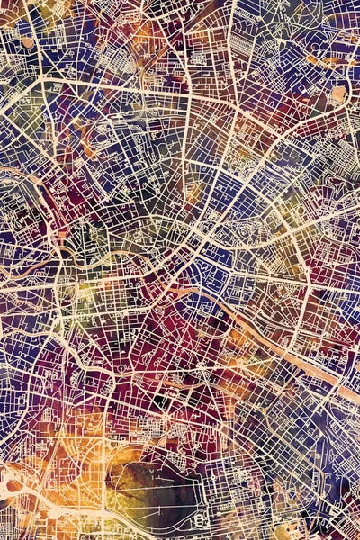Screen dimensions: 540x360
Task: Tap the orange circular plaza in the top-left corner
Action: pyautogui.click(x=27, y=41)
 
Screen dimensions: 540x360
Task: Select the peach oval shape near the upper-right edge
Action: pyautogui.click(x=338, y=93)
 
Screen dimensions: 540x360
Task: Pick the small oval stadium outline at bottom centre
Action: pyautogui.click(x=201, y=519)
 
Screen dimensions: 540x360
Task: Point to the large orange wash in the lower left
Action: pyautogui.click(x=36, y=468)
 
